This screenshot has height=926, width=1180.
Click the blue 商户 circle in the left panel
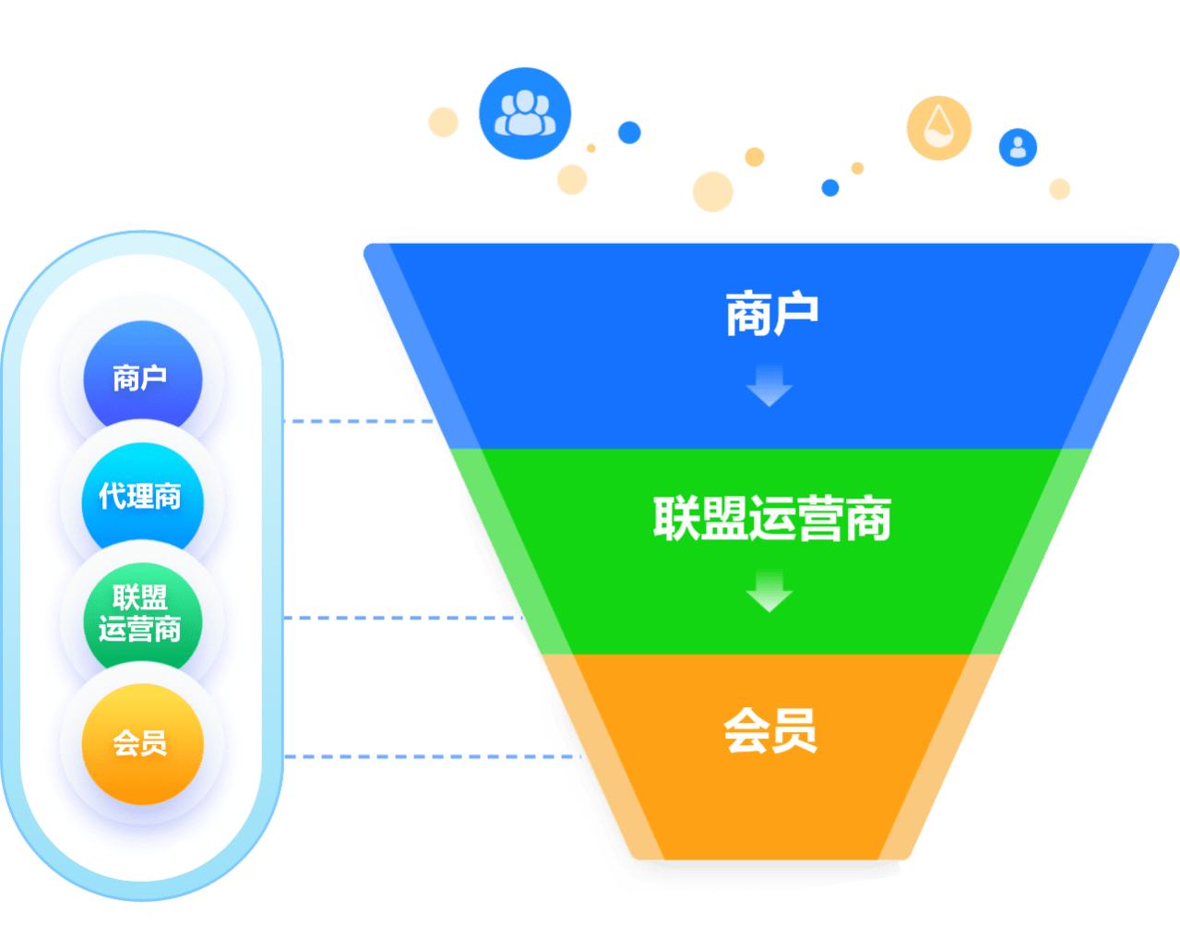coord(141,378)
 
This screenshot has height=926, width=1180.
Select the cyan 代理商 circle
coord(141,498)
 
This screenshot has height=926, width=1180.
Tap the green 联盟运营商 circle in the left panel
coord(141,613)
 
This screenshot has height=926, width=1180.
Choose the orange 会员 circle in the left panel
coord(141,743)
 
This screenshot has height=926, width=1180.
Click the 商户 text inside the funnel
coord(771,314)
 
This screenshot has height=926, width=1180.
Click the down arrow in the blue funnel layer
coord(769,384)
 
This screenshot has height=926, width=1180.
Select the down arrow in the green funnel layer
coord(769,591)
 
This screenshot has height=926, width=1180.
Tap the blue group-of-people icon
coord(524,114)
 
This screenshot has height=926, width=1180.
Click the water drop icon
coord(939,127)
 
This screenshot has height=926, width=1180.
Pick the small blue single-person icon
coord(1018,147)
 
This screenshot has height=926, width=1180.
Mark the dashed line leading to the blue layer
coord(360,421)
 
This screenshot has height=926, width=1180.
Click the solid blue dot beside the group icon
coord(629,132)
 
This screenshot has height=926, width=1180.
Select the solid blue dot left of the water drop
coord(830,187)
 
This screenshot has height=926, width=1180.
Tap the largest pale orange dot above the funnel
coord(712,192)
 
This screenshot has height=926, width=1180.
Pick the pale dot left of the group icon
coord(444,122)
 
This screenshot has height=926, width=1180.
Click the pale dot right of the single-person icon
coord(1060,189)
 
